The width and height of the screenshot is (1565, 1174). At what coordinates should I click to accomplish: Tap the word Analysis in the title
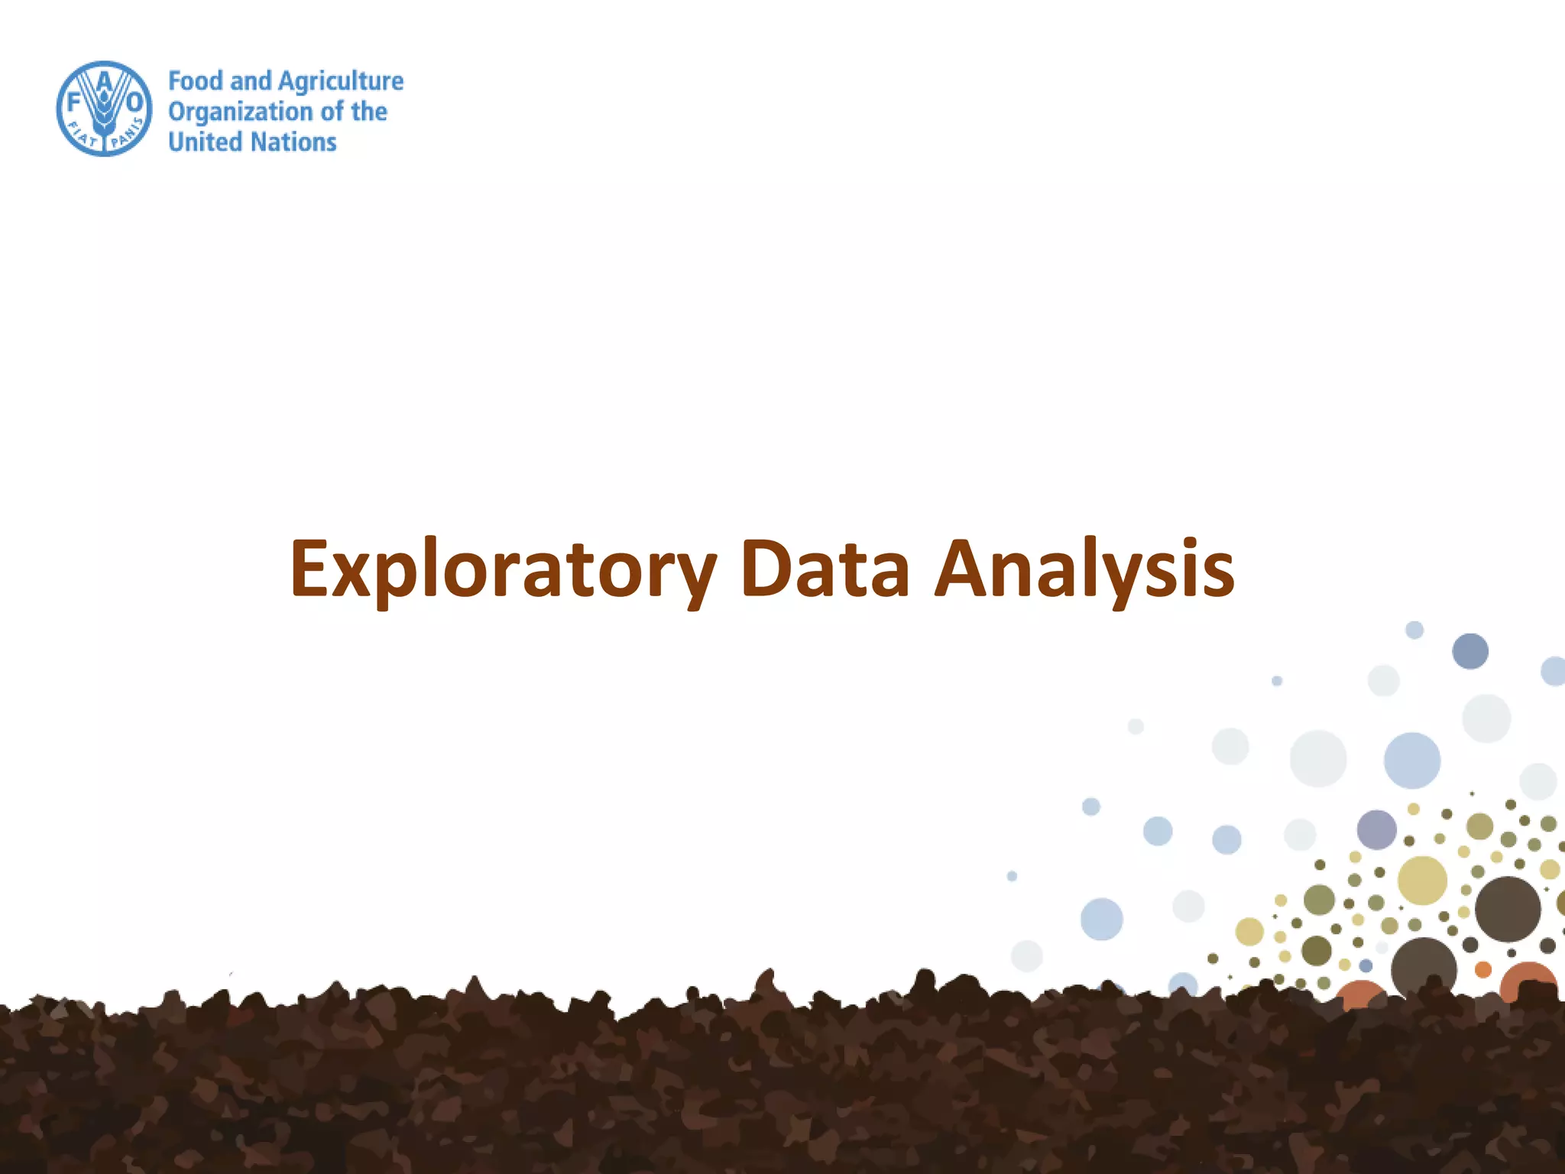[x=1084, y=569]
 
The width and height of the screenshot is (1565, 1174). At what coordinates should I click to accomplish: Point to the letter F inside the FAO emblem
[x=74, y=102]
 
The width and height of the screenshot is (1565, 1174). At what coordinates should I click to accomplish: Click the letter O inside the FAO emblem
[x=134, y=102]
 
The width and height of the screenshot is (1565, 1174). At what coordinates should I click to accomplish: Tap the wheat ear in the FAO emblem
[x=105, y=115]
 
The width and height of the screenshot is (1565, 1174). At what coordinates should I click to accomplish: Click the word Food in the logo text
[x=196, y=81]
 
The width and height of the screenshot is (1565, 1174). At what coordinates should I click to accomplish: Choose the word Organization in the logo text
[x=240, y=112]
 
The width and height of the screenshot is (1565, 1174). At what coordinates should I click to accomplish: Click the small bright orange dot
[x=1483, y=969]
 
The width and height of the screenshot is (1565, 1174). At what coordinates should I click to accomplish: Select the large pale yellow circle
[x=1422, y=880]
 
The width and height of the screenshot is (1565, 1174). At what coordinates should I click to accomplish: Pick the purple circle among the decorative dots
[x=1376, y=829]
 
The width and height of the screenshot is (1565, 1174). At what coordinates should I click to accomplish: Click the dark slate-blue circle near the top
[x=1470, y=651]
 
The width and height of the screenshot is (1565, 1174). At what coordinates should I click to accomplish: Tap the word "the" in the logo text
[x=369, y=112]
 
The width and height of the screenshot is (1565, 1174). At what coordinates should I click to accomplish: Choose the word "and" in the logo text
[x=251, y=81]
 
